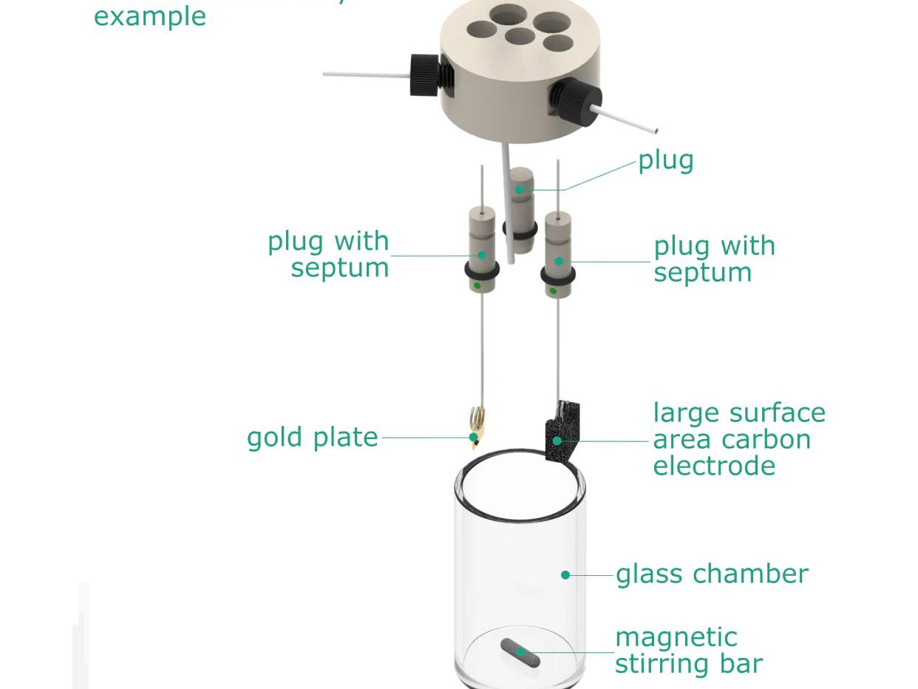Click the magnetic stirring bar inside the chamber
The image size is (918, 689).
pyautogui.click(x=520, y=654)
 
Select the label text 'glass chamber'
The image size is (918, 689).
pyautogui.click(x=712, y=574)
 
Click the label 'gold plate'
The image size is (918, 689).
pyautogui.click(x=312, y=438)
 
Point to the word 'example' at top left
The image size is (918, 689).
pyautogui.click(x=149, y=16)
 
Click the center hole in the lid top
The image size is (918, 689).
pyautogui.click(x=520, y=35)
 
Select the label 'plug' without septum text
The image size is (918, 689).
pyautogui.click(x=665, y=160)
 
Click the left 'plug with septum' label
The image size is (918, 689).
pyautogui.click(x=329, y=254)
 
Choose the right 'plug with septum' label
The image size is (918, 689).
pyautogui.click(x=713, y=259)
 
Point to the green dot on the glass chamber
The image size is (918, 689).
pyautogui.click(x=565, y=575)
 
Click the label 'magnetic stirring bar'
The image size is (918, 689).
pyautogui.click(x=687, y=651)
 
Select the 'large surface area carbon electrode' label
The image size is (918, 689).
pyautogui.click(x=738, y=439)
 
